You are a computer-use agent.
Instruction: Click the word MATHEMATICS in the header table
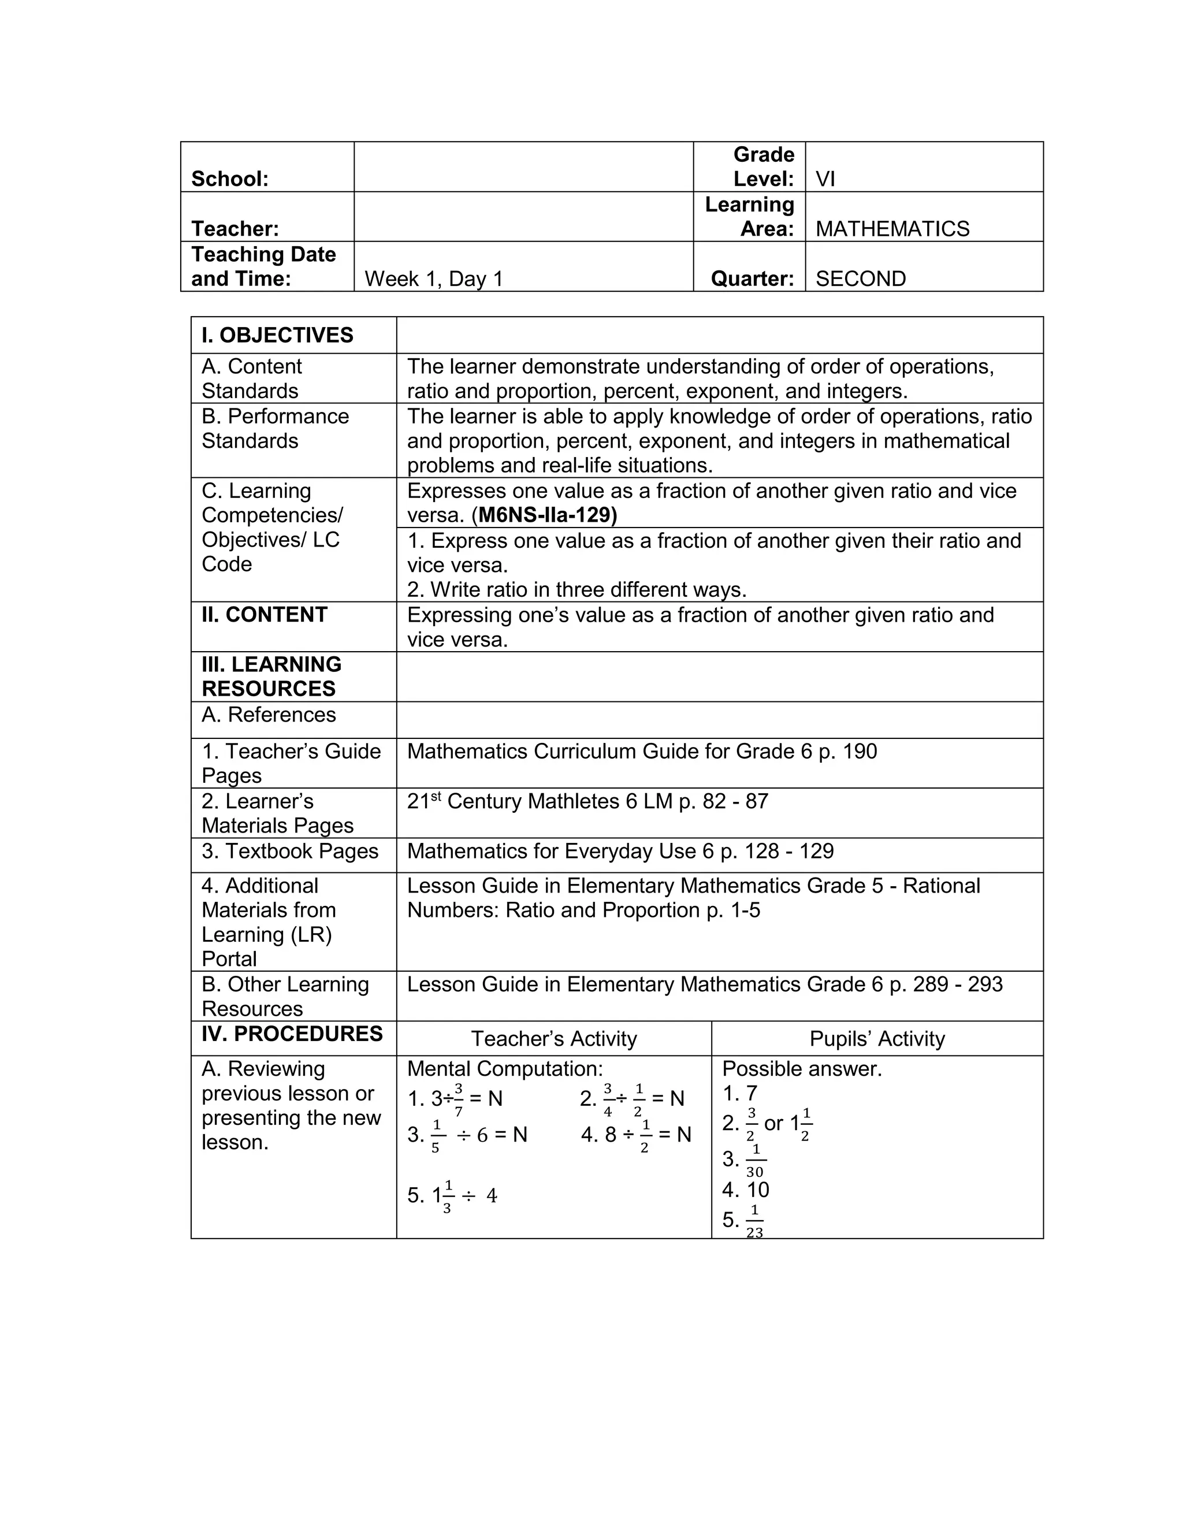coord(892,229)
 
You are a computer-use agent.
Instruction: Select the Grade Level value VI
coord(825,179)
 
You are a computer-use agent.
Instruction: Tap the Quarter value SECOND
coord(860,278)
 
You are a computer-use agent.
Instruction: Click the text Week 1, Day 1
coord(433,278)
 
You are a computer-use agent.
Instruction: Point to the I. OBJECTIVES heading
coord(277,335)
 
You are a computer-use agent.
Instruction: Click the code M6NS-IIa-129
coord(546,515)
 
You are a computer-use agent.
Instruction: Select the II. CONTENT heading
coord(264,615)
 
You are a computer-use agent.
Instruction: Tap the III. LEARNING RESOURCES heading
coord(271,677)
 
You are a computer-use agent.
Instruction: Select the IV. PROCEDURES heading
coord(292,1034)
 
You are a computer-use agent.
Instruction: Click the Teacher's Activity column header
coord(553,1039)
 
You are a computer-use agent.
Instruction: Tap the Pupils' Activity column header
coord(877,1039)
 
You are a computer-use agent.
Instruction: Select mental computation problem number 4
coord(635,1135)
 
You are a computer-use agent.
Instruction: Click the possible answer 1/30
coord(754,1160)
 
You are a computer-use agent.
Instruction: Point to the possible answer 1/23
coord(754,1220)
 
